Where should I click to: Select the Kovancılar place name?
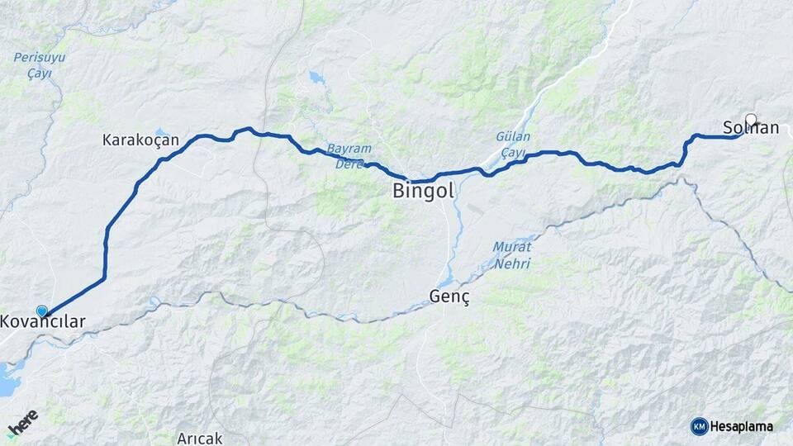(x=43, y=321)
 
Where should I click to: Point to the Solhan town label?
(x=751, y=128)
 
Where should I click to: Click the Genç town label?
(x=449, y=297)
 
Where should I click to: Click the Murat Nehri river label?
(x=512, y=255)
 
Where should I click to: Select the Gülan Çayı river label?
(x=513, y=145)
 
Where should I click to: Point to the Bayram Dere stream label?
(x=350, y=156)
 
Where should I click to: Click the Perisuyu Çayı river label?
(x=39, y=65)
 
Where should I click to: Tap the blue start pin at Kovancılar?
(x=42, y=311)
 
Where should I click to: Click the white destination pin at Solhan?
(x=751, y=118)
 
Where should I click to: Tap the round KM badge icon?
(x=699, y=426)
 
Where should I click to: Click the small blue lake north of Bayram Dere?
(x=316, y=79)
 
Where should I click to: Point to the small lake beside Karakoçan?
(x=162, y=131)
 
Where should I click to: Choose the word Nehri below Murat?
(x=513, y=263)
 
